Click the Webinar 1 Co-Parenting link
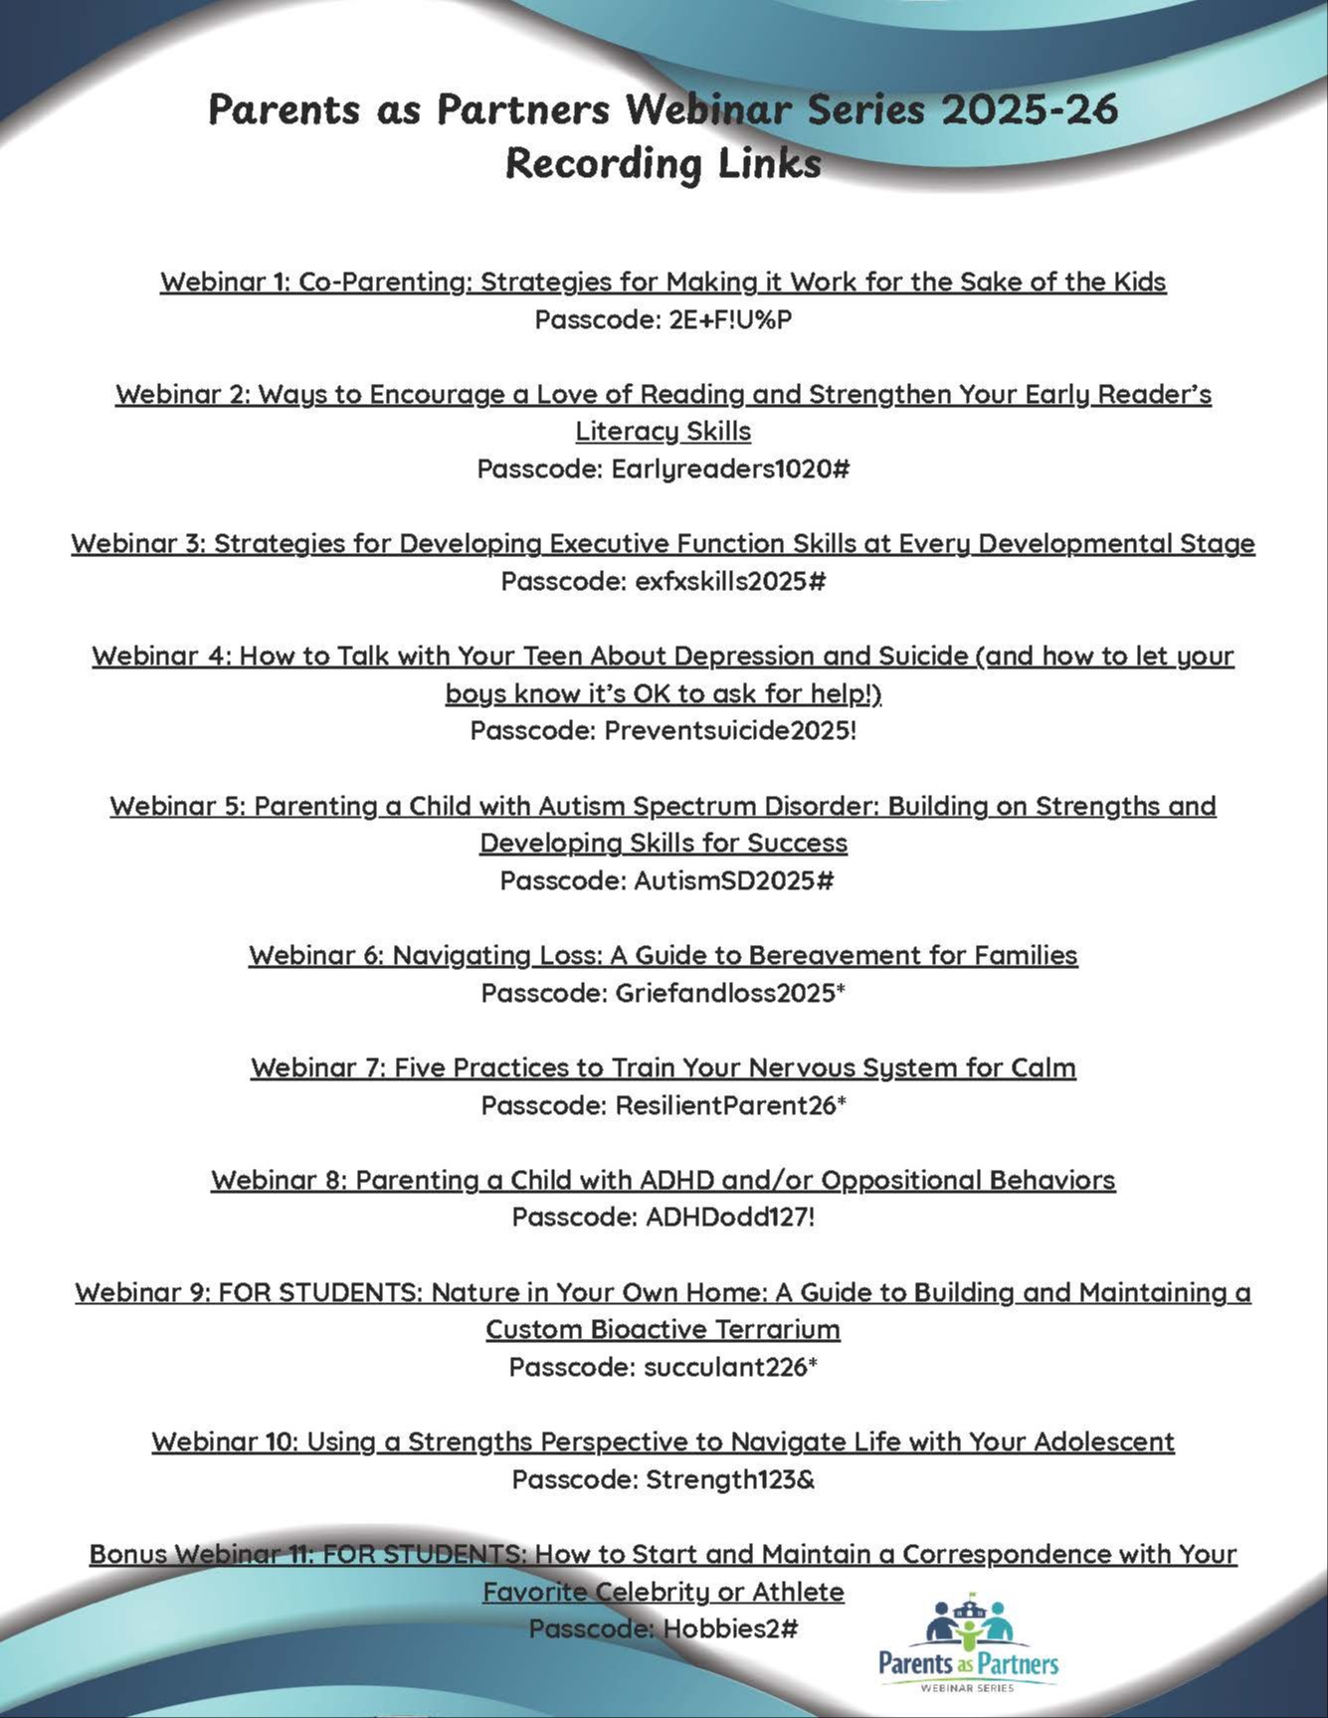coord(663,282)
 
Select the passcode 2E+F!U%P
coord(731,320)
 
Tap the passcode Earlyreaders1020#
coord(730,469)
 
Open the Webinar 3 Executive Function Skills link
coord(663,543)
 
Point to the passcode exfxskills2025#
coord(730,581)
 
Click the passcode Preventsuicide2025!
coord(730,731)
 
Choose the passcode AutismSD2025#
coord(733,881)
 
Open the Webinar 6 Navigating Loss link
coord(663,955)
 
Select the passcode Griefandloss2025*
coord(730,993)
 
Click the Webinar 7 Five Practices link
coord(663,1067)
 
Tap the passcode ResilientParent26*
coord(730,1105)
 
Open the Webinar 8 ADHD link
coord(663,1180)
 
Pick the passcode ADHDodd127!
coord(729,1218)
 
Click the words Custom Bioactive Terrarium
coord(663,1330)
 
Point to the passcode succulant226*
coord(730,1368)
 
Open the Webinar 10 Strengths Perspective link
coord(663,1441)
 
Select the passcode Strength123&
coord(730,1480)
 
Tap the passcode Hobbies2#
coord(730,1629)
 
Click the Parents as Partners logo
coord(968,1642)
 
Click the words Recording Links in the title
coord(663,163)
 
